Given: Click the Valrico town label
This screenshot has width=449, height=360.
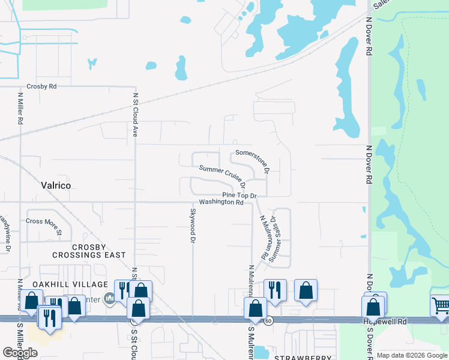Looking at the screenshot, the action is pyautogui.click(x=55, y=186).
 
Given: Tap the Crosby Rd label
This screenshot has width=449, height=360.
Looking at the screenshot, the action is pyautogui.click(x=41, y=87).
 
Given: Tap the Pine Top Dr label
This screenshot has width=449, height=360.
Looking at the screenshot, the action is pyautogui.click(x=239, y=196).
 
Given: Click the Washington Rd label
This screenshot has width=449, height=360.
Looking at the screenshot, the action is pyautogui.click(x=221, y=203).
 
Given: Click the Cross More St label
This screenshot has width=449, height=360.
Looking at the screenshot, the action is pyautogui.click(x=43, y=221).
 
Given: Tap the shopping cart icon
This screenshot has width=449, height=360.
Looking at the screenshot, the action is pyautogui.click(x=441, y=305).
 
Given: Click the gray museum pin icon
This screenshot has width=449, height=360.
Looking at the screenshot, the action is pyautogui.click(x=109, y=298).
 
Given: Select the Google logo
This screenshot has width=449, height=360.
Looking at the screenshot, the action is pyautogui.click(x=20, y=353).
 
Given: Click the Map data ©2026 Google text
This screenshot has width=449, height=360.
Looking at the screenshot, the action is pyautogui.click(x=412, y=355).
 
